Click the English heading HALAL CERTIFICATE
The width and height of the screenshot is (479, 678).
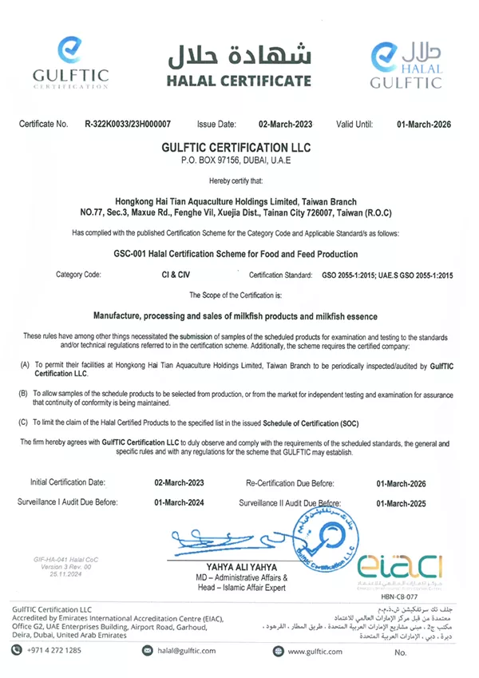click(239, 81)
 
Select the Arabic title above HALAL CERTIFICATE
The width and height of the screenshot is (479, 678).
click(239, 54)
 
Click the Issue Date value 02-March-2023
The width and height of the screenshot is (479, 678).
click(285, 125)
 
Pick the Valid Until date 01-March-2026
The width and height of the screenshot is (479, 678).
click(424, 125)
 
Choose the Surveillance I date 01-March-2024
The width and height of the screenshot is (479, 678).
click(179, 502)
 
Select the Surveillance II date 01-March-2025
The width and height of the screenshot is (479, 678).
click(401, 503)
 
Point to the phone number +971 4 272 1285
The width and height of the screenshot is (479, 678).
click(53, 651)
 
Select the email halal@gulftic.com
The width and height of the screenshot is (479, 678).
click(185, 651)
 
